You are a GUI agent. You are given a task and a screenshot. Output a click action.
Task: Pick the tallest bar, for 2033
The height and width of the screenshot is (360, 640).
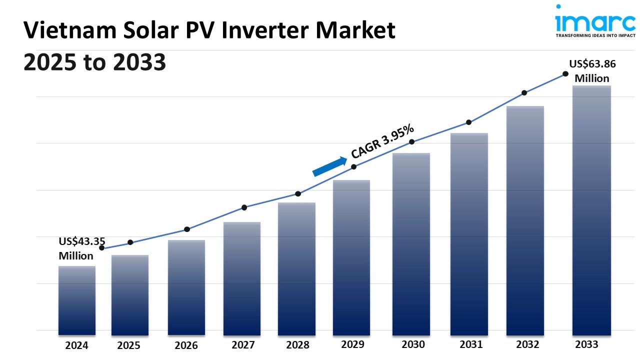click(591, 210)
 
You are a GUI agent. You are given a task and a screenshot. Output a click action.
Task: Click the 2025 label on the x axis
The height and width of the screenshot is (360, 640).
click(128, 345)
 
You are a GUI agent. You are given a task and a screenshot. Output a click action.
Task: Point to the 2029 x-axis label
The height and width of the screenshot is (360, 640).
click(352, 344)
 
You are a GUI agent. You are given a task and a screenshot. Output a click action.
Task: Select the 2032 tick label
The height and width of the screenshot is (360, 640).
click(527, 344)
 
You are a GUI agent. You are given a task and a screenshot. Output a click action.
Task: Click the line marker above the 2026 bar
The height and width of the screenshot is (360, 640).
click(187, 229)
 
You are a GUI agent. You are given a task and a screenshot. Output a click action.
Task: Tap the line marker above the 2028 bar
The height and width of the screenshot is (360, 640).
click(298, 193)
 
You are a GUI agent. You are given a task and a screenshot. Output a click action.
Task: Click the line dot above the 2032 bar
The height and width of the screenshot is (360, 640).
click(524, 92)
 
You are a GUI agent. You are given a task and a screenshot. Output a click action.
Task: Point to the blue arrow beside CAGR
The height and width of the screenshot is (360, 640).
click(329, 166)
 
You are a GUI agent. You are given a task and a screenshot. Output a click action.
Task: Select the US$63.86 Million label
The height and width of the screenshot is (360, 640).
click(592, 71)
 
